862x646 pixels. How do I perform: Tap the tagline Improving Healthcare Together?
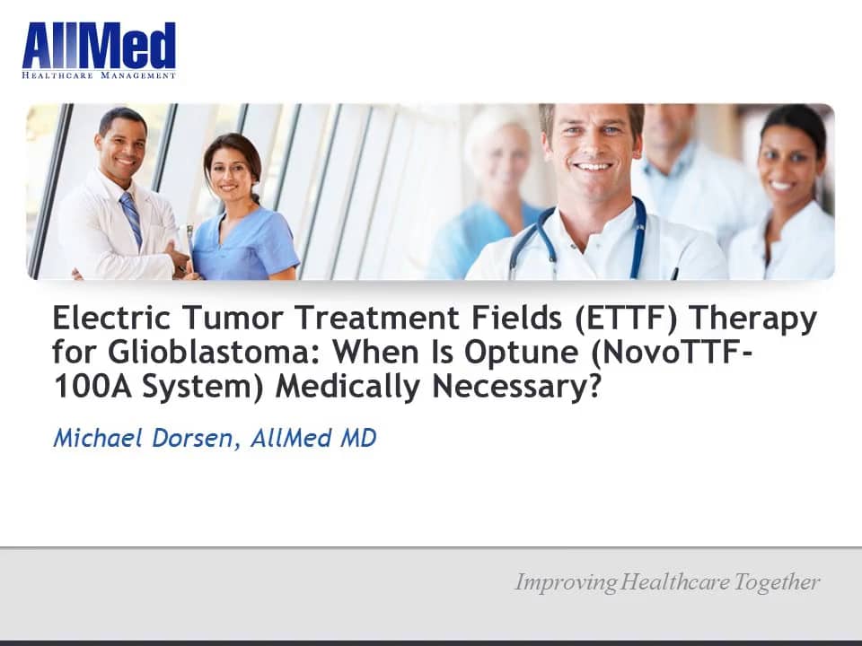(x=666, y=582)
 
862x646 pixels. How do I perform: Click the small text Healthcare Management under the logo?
(x=99, y=75)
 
